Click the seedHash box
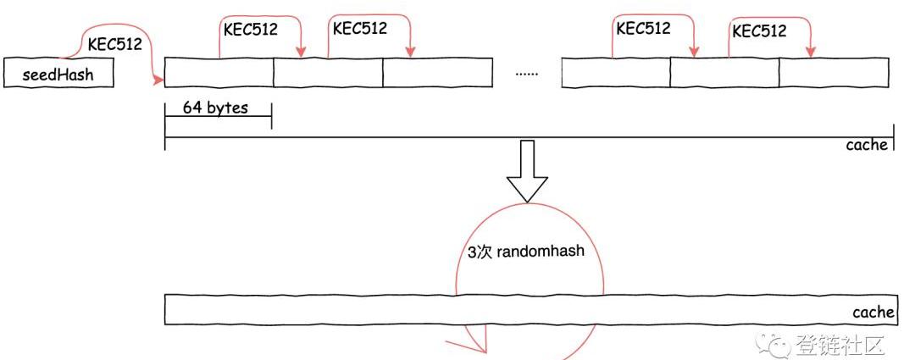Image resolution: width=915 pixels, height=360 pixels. (x=58, y=75)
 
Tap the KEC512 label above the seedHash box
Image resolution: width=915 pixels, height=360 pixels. (x=114, y=44)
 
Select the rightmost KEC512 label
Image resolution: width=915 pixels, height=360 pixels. (x=758, y=31)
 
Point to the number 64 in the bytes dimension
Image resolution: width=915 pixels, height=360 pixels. (x=191, y=109)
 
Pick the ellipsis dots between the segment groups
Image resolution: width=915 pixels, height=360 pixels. (x=527, y=73)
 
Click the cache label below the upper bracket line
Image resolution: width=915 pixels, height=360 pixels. (x=867, y=145)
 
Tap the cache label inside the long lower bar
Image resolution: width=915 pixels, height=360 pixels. (x=873, y=313)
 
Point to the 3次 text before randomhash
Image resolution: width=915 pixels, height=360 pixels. (x=479, y=252)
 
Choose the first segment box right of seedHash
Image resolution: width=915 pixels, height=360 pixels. (x=219, y=73)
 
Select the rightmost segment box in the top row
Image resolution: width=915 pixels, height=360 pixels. (x=834, y=73)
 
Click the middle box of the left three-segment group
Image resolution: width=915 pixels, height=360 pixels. (x=328, y=73)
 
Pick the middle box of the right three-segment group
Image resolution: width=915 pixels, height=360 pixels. (x=724, y=73)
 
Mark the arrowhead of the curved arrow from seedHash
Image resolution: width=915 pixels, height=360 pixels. (x=158, y=80)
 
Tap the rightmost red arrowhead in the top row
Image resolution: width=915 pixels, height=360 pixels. (x=810, y=53)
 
